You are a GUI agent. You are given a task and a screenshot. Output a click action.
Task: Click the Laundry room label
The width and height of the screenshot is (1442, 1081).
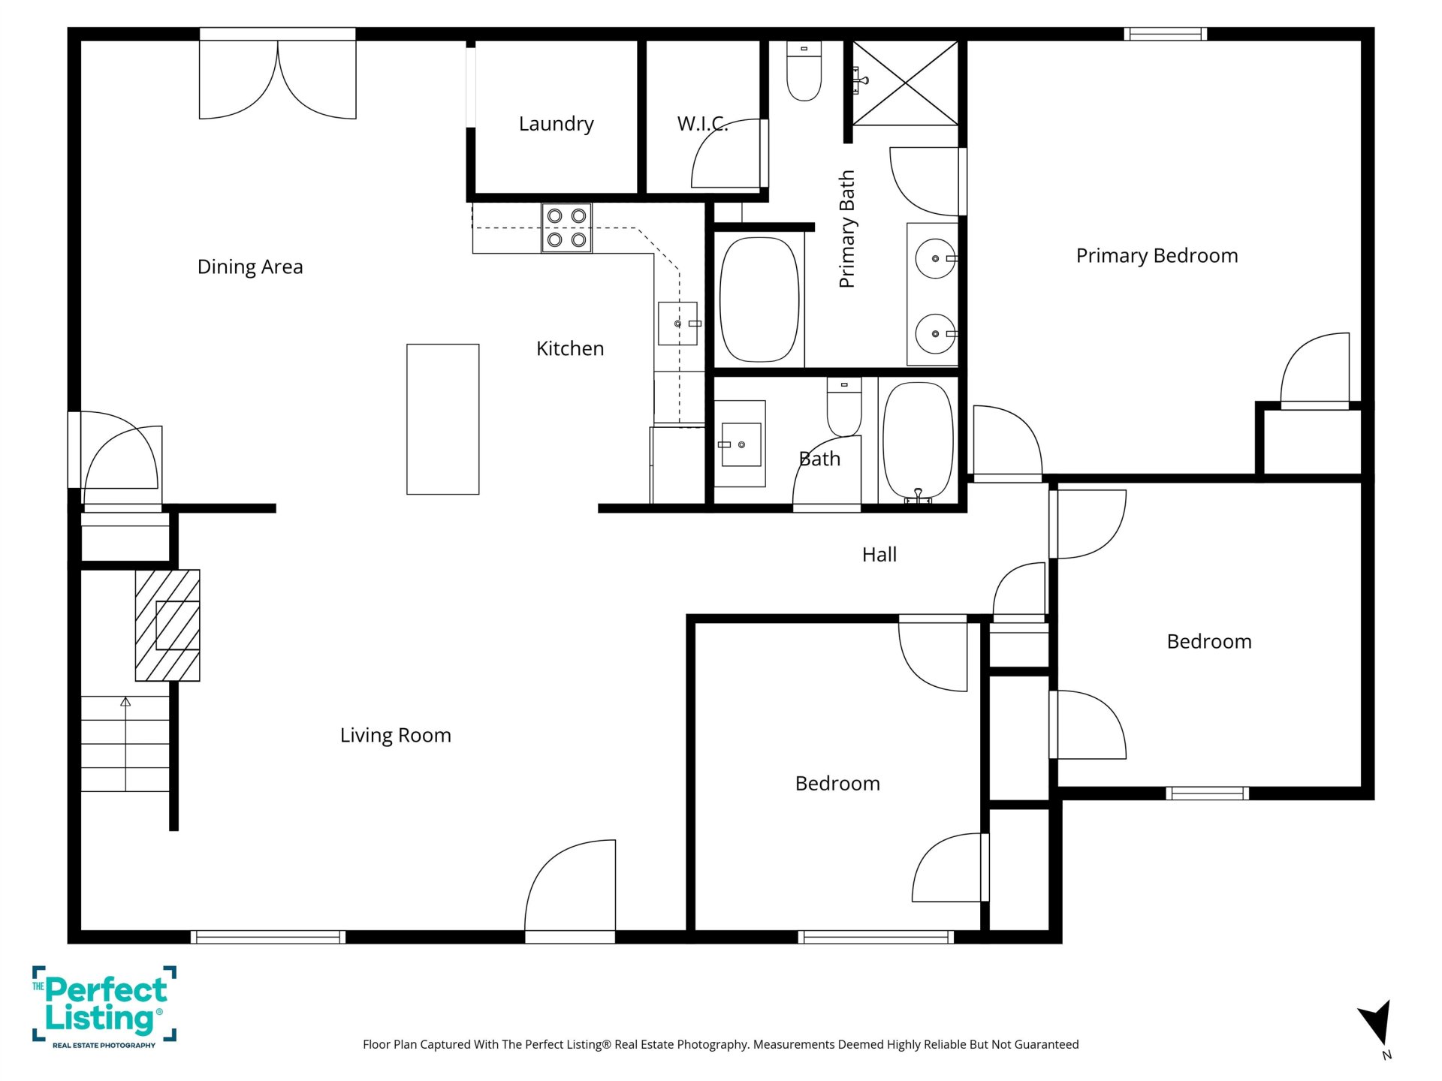(556, 124)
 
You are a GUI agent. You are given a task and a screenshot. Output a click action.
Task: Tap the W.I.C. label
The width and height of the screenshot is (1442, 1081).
(702, 124)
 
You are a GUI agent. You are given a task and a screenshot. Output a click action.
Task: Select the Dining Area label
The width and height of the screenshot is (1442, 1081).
(250, 267)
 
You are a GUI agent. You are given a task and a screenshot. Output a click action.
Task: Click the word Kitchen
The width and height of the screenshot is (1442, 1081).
(570, 348)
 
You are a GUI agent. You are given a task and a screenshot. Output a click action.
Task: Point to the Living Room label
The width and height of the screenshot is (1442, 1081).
(396, 736)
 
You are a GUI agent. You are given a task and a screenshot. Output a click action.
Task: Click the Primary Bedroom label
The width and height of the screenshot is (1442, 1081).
(1157, 256)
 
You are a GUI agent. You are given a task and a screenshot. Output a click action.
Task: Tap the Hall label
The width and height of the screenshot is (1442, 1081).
(879, 555)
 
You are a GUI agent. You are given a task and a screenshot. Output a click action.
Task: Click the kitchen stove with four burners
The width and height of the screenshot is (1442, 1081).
(566, 228)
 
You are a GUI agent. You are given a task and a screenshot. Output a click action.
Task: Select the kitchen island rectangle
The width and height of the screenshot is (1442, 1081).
(443, 420)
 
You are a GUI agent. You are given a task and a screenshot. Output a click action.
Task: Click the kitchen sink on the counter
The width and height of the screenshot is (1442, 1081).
(678, 324)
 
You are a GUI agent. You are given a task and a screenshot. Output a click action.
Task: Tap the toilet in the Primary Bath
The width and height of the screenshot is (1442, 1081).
(804, 71)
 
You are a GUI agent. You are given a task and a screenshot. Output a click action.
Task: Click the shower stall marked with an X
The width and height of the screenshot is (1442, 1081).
(906, 83)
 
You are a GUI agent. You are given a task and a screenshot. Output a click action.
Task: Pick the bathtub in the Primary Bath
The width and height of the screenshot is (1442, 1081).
(759, 300)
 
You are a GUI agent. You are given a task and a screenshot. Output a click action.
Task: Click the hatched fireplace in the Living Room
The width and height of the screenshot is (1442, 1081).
(167, 625)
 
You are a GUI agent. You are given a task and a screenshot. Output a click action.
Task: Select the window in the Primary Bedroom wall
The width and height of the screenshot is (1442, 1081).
(1166, 34)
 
